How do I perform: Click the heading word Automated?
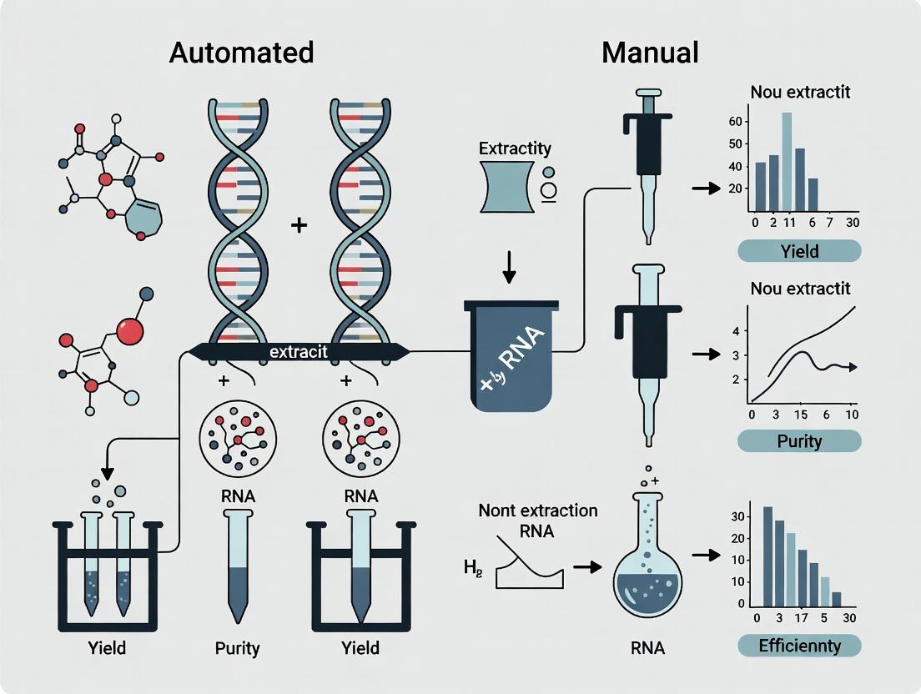coord(241,53)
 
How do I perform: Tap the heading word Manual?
coord(650,53)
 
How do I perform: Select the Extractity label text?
coord(515,148)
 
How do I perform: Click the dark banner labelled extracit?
coord(299,352)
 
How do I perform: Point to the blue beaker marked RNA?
coord(510,355)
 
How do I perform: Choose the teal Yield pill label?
coord(799,251)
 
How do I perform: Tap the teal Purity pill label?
coord(799,440)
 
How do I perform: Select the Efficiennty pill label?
coord(799,645)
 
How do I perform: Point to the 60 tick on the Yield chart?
coord(735,121)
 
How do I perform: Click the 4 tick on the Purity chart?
coord(735,331)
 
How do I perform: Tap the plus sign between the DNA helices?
coord(299,226)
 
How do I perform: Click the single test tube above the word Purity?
coord(237,567)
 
